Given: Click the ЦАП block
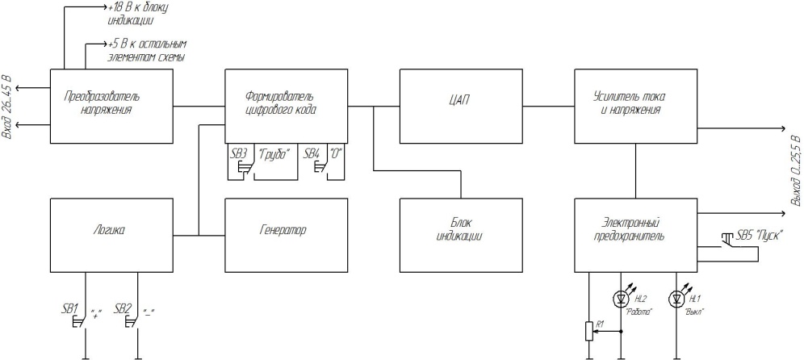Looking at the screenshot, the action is point(461,107).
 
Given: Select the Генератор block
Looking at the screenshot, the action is point(286,236).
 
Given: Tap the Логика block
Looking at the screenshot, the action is point(111,236).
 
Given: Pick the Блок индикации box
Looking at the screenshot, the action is point(461,236).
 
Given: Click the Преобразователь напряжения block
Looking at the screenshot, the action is point(111,107).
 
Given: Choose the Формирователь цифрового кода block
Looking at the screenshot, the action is point(286,107).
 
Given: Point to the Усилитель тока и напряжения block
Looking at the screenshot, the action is point(636,107).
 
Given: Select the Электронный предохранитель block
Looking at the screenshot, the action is point(636,236).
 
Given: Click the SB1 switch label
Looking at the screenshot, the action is point(69,309).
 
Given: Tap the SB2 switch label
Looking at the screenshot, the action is point(123,309).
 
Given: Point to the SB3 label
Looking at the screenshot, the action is point(239,153).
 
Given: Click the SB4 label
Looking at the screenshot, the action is point(312,153).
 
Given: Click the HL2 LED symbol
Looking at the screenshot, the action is point(621,298).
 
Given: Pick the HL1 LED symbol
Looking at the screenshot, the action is point(676,298).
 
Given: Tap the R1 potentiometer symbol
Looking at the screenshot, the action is point(589,331).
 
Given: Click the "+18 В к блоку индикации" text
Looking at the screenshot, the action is point(138,15).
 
